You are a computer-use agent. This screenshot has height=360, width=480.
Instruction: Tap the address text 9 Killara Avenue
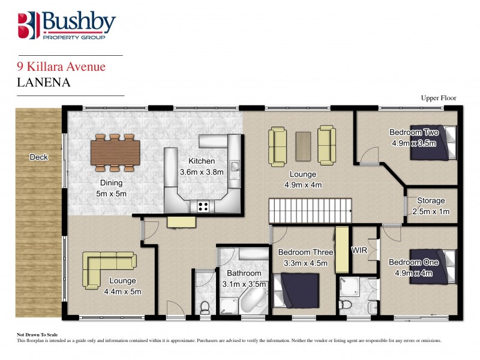[61, 67]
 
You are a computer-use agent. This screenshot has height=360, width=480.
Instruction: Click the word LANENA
[44, 82]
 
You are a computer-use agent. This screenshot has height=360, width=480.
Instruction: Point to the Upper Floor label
[439, 97]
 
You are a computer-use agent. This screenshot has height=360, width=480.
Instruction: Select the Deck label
[39, 157]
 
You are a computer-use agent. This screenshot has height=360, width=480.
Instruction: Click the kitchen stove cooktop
[203, 206]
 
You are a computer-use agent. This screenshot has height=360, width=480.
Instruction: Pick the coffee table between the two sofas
[302, 144]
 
